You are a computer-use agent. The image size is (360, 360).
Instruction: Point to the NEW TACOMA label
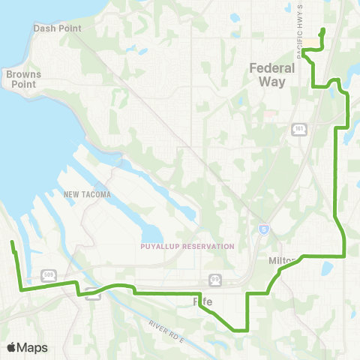pyautogui.click(x=87, y=195)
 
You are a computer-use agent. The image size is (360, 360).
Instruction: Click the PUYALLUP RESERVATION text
pyautogui.click(x=187, y=246)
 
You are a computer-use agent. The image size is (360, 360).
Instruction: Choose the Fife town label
pyautogui.click(x=204, y=301)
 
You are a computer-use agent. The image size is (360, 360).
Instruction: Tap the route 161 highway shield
pyautogui.click(x=298, y=129)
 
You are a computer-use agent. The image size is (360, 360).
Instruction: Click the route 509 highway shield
pyautogui.click(x=47, y=274)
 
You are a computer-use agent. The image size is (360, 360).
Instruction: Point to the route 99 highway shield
pyautogui.click(x=214, y=279)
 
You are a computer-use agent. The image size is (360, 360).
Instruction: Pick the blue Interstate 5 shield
pyautogui.click(x=262, y=228)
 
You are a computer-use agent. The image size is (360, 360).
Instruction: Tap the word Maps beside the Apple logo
pyautogui.click(x=33, y=347)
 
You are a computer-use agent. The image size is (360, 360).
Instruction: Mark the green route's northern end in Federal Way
pyautogui.click(x=322, y=30)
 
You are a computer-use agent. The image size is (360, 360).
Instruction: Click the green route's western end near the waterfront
pyautogui.click(x=11, y=242)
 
